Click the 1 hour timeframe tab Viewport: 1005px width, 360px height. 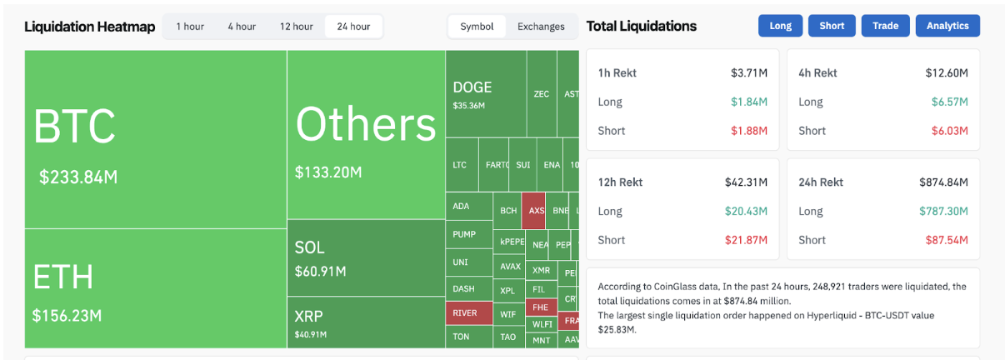[x=190, y=27]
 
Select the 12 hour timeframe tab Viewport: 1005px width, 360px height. [x=296, y=27]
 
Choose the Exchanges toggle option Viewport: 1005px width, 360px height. [x=541, y=27]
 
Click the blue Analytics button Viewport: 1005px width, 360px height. [x=947, y=26]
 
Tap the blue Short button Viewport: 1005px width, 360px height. [x=832, y=26]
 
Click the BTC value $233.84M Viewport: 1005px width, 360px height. [x=78, y=177]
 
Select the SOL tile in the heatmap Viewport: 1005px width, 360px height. [x=309, y=247]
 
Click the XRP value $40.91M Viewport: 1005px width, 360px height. [x=310, y=335]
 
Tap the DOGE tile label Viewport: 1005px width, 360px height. [x=472, y=87]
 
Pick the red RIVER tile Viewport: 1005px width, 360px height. [x=465, y=313]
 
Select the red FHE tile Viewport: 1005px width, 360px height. [x=540, y=307]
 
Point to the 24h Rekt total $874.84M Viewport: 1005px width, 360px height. [x=943, y=182]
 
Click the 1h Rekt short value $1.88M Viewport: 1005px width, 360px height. [x=748, y=131]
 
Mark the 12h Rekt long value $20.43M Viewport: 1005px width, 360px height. [x=746, y=211]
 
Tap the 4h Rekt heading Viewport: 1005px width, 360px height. [x=817, y=72]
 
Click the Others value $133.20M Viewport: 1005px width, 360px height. [x=328, y=172]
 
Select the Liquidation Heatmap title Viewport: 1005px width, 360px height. [x=89, y=27]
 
